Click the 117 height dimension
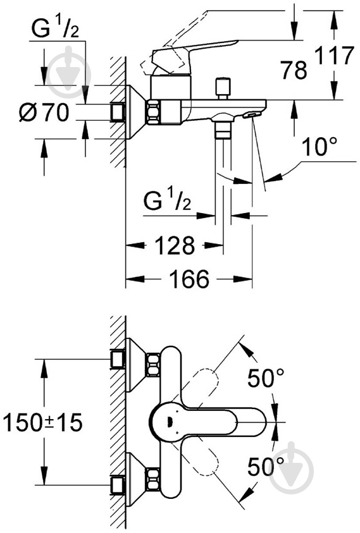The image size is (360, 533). point(334,56)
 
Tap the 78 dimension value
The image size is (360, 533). point(294,70)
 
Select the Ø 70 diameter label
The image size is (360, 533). point(44,112)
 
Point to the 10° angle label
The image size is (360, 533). point(319,147)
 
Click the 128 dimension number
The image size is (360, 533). point(175,245)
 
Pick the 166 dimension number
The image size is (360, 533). point(189,279)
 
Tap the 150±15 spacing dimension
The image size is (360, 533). point(43,422)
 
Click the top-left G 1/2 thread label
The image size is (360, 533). point(55,30)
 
